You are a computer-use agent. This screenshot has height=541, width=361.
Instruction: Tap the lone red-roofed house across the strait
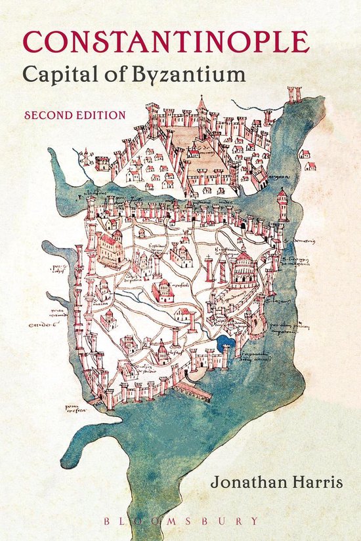pyautogui.click(x=305, y=155)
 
